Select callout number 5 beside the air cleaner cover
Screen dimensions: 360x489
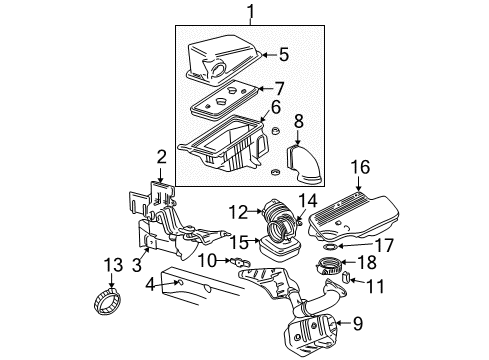click(x=283, y=55)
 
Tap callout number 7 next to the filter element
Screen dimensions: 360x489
click(x=279, y=88)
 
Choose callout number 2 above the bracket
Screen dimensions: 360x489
click(x=160, y=155)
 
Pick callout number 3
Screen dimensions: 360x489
click(x=138, y=266)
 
